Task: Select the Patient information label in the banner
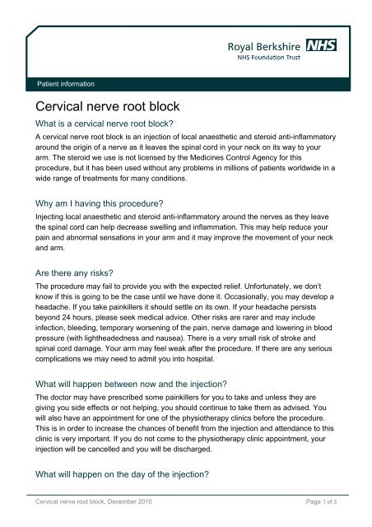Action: point(62,84)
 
